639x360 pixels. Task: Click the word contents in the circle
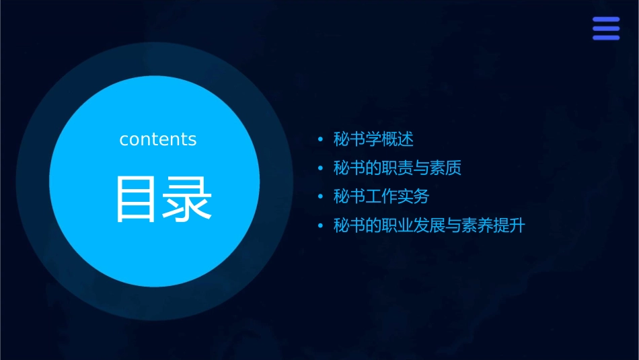coord(158,139)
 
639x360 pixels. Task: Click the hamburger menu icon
coord(605,28)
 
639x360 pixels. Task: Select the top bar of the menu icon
coord(605,20)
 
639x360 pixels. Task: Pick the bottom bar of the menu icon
coord(605,37)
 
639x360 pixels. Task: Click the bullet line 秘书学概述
coord(373,139)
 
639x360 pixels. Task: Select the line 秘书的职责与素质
coord(397,168)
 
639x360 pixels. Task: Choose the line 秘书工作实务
coord(381,196)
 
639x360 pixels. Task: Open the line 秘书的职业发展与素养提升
coord(429,225)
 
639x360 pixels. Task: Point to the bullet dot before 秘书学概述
coord(320,140)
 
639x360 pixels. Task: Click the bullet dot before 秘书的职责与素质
coord(320,169)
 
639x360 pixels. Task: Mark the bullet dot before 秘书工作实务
coord(320,197)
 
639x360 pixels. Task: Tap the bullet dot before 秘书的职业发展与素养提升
coord(320,226)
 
